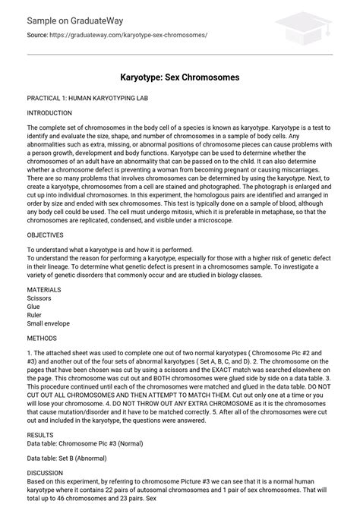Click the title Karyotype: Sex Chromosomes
180,77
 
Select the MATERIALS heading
44,290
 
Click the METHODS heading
43,338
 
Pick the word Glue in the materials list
33,307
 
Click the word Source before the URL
39,35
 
